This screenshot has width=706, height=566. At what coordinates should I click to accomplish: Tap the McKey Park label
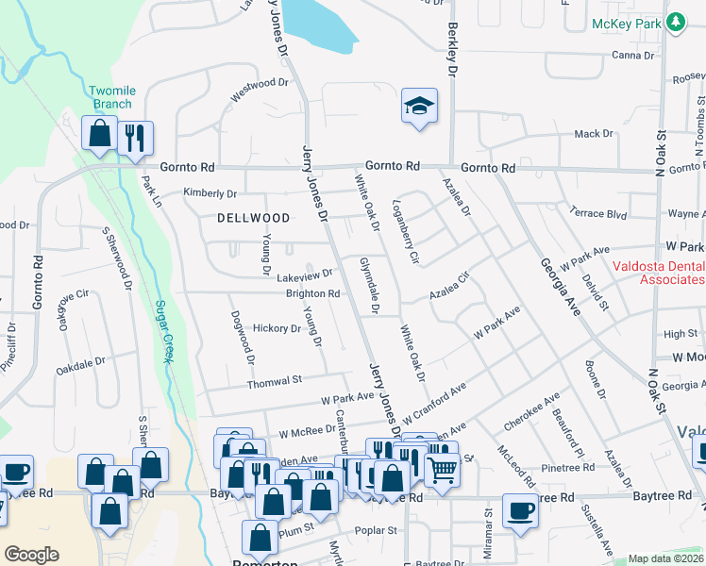624,24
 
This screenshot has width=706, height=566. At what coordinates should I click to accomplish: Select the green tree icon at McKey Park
676,23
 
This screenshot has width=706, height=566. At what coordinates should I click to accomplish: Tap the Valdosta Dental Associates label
658,273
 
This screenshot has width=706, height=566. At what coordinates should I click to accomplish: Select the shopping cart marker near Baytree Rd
441,469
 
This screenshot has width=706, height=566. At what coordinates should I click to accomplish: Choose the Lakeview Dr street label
304,275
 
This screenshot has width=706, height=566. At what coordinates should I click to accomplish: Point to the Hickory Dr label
277,328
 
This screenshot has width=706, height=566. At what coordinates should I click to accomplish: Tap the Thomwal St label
274,381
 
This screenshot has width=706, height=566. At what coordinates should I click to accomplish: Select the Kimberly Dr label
210,193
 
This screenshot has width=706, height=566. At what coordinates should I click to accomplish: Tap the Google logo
32,554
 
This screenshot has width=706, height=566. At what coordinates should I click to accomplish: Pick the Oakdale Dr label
80,363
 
